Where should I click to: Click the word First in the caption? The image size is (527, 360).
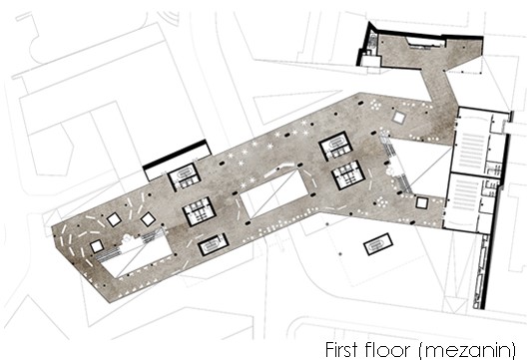(x=341, y=349)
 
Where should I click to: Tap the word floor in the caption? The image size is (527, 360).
(x=389, y=349)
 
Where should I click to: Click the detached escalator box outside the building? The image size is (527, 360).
(x=378, y=244)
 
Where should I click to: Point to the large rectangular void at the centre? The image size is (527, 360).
(x=274, y=193)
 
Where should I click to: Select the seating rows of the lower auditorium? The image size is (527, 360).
(x=466, y=195)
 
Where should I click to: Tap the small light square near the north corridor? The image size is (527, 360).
(x=398, y=118)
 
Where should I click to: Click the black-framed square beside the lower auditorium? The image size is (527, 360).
(x=422, y=202)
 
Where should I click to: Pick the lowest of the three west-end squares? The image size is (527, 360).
(x=97, y=246)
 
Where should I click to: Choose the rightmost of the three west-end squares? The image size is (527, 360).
(x=148, y=219)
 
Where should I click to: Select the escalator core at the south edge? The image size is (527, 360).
(x=214, y=244)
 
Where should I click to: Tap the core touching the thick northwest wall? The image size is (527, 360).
(x=185, y=177)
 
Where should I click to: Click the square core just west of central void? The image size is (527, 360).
(x=199, y=211)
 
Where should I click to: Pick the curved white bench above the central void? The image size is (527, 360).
(x=278, y=170)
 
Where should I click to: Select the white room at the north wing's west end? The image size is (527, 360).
(x=370, y=61)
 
